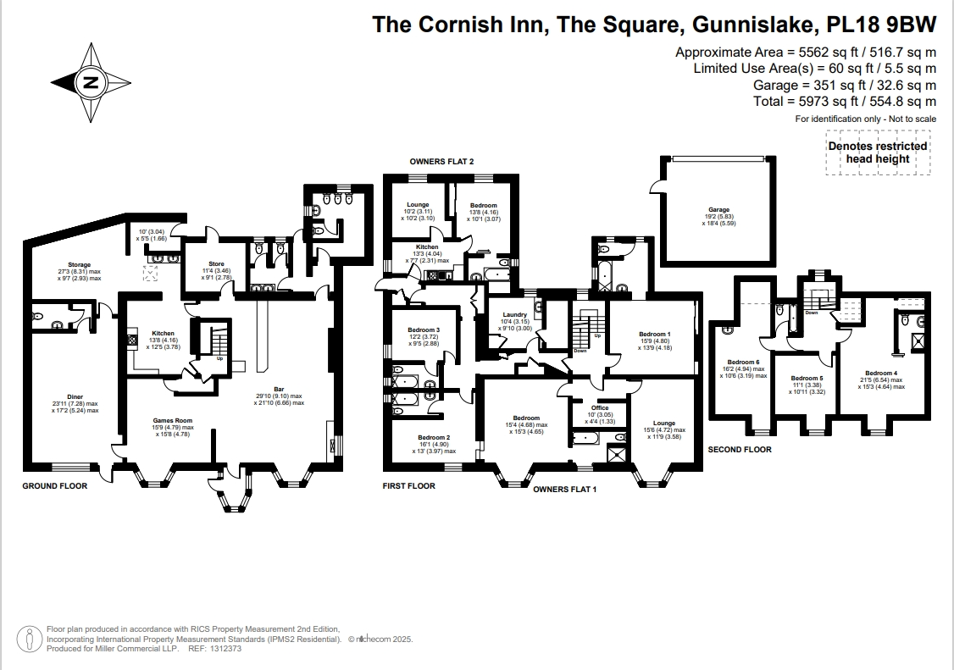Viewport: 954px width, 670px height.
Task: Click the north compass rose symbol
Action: [x=91, y=83]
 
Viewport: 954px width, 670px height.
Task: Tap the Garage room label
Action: [x=718, y=210]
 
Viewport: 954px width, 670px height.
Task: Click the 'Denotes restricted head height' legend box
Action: [x=878, y=152]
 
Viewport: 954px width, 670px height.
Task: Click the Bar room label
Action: [x=278, y=388]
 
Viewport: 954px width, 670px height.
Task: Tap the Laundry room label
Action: [x=514, y=315]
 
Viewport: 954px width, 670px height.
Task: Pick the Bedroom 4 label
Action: [x=881, y=374]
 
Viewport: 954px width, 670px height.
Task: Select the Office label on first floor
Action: [x=599, y=407]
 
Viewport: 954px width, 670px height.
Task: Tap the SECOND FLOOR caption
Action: [x=740, y=450]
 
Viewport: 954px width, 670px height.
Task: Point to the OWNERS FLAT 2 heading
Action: [x=441, y=161]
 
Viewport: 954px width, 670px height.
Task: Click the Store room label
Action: [x=216, y=264]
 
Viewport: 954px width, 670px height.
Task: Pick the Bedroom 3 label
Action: [x=423, y=329]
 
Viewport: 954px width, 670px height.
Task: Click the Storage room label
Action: [x=80, y=265]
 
